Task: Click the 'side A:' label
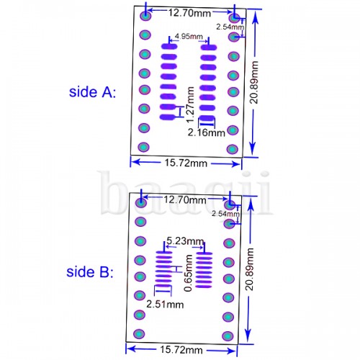click(92, 92)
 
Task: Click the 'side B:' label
click(90, 272)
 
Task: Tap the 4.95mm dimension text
click(189, 36)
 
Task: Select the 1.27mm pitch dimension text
click(190, 104)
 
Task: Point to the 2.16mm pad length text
click(207, 132)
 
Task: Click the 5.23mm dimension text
click(185, 240)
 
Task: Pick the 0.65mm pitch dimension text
click(188, 273)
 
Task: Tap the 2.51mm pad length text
click(165, 305)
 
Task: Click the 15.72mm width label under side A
click(186, 163)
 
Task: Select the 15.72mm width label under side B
click(181, 350)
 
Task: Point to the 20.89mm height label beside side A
click(254, 82)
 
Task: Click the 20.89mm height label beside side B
click(249, 269)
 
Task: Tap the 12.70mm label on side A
click(189, 13)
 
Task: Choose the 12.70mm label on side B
click(185, 199)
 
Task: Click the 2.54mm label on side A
click(230, 27)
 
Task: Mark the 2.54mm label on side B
click(225, 213)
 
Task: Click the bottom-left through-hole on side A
click(143, 147)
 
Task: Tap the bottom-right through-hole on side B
click(228, 336)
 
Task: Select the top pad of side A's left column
click(169, 46)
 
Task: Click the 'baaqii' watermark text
click(185, 193)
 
